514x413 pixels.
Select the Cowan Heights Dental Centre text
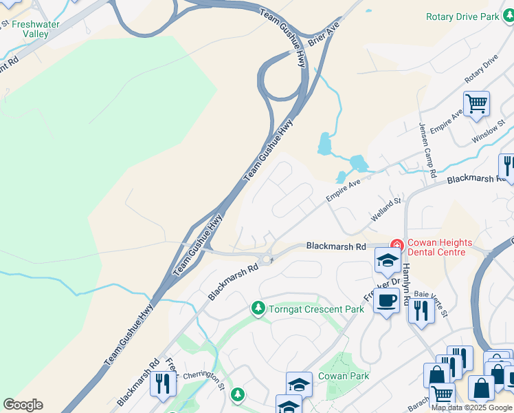coord(439,247)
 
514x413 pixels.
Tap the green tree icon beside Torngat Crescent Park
coord(258,308)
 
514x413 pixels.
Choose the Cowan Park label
coord(344,376)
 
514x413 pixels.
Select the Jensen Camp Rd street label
coord(428,150)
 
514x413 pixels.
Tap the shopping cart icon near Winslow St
coord(476,105)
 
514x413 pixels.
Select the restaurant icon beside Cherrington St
coord(162,383)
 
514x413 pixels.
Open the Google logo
coord(23,405)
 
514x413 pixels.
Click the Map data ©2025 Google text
coord(472,407)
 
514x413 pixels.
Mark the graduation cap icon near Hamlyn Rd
coord(388,262)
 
